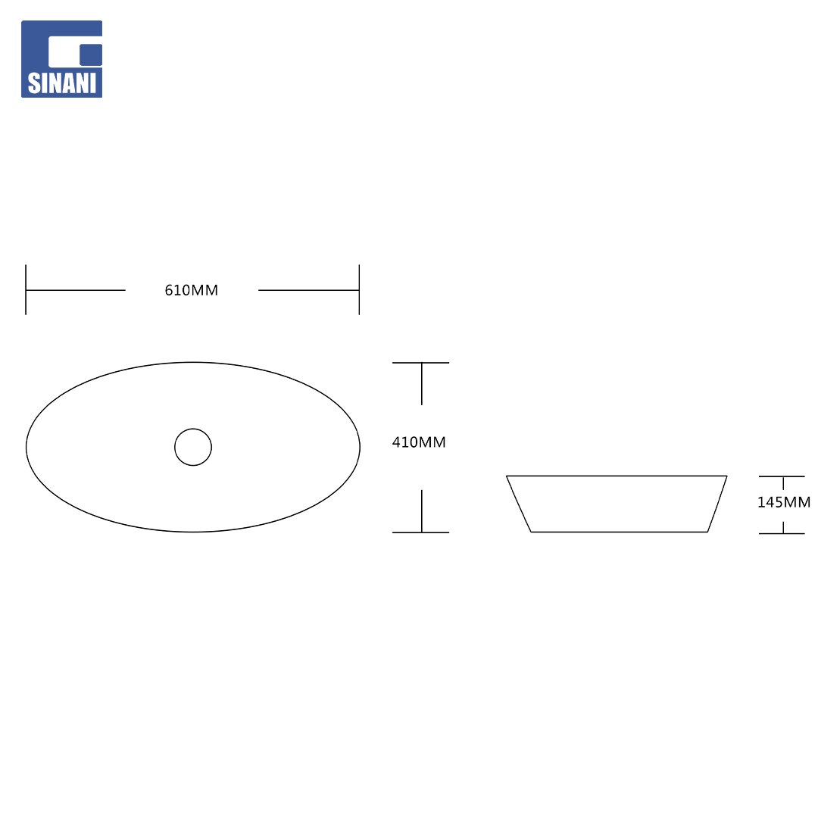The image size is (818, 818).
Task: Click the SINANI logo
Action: coord(61,59)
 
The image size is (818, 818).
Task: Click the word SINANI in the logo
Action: coord(61,83)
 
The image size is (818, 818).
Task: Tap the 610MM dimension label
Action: coord(192,290)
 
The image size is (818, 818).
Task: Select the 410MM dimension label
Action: coord(419,442)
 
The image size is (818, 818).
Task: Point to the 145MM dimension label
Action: coord(784,502)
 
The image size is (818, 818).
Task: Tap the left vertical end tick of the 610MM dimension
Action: coord(26,289)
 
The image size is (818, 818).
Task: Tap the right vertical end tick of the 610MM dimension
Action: coord(359,289)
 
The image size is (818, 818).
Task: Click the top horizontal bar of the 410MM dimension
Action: coord(420,363)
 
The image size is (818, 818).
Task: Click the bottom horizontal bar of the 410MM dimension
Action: coord(420,532)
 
